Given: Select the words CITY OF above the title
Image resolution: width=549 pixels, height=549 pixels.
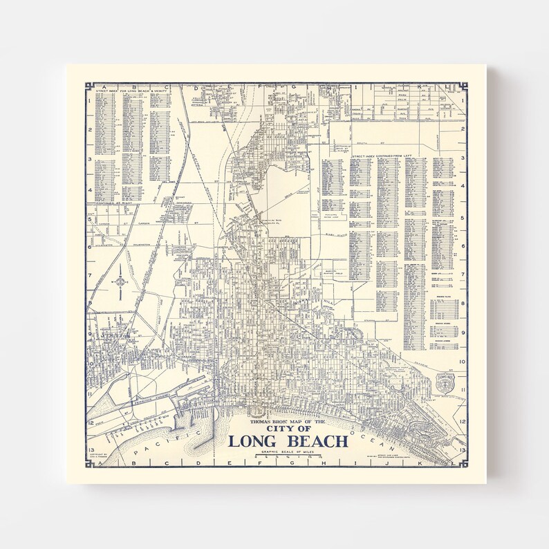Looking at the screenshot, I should tap(286, 429).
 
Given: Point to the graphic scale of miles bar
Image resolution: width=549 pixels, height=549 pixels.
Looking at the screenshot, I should tap(286, 458).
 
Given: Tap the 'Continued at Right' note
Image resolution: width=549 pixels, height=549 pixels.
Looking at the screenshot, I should tap(114, 204).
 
